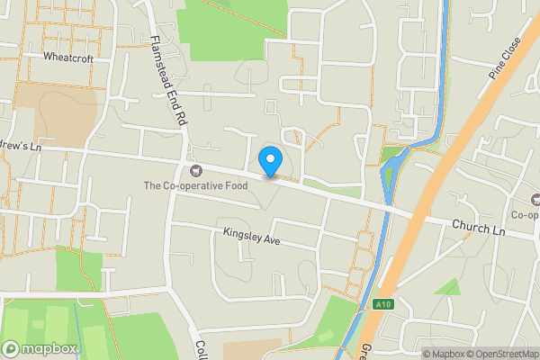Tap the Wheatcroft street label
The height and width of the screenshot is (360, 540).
[67, 56]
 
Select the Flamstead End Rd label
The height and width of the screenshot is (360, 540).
[168, 82]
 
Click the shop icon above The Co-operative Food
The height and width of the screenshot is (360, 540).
[195, 170]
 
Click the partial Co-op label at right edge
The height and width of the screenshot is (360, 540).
[526, 215]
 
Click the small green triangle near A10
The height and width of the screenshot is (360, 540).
[447, 287]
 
